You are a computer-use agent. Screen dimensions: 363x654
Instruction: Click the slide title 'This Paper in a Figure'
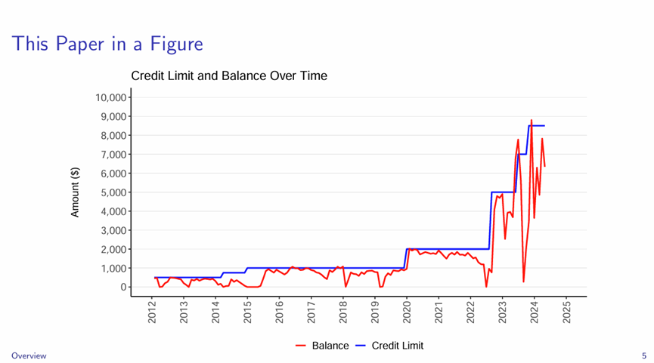pos(107,44)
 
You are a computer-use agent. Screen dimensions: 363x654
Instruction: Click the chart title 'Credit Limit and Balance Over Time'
pos(229,76)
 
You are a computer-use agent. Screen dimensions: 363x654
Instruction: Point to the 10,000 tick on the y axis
pos(110,97)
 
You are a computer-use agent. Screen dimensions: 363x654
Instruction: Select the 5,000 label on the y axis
pos(113,192)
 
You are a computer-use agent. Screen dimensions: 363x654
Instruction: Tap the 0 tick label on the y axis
pos(121,288)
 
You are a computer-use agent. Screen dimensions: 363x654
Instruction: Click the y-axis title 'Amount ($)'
pos(76,192)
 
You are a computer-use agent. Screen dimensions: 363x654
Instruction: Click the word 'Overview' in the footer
pos(28,355)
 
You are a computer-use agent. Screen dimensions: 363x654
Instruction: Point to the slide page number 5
pos(643,355)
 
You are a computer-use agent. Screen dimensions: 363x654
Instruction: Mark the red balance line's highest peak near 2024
pos(531,120)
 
